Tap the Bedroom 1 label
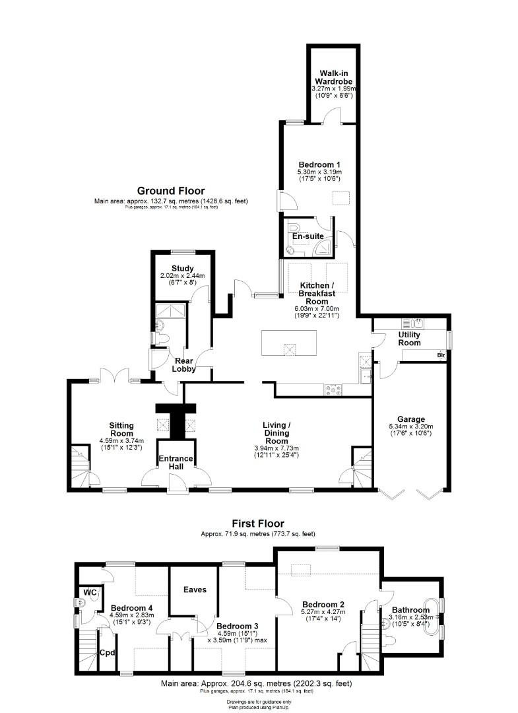319,164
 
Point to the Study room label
182,268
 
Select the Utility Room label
409,339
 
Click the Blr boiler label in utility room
440,356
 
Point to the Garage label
410,419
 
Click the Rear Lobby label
183,365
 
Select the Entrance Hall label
175,463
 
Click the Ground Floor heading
171,191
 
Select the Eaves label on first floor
196,590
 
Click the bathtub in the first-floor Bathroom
430,617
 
